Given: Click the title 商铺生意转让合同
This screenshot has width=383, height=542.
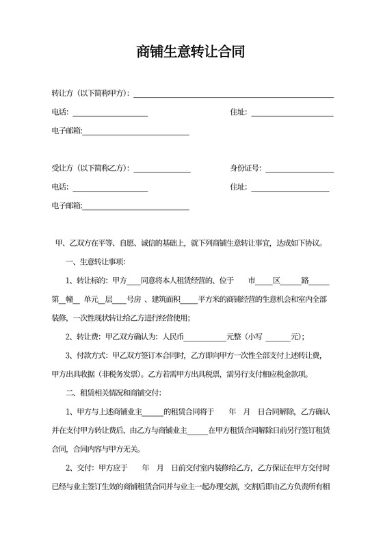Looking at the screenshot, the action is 191,51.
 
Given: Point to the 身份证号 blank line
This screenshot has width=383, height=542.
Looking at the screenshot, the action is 299,168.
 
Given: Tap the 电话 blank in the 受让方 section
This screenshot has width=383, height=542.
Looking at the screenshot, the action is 110,187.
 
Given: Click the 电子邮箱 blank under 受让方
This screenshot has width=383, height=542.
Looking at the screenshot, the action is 135,205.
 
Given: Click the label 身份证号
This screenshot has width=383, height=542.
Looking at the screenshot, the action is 246,168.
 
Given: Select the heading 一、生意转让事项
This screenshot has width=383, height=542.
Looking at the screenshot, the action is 95,261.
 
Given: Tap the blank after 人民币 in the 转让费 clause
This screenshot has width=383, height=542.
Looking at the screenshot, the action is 205,337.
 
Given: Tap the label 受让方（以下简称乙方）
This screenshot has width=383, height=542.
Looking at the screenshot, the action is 90,168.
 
